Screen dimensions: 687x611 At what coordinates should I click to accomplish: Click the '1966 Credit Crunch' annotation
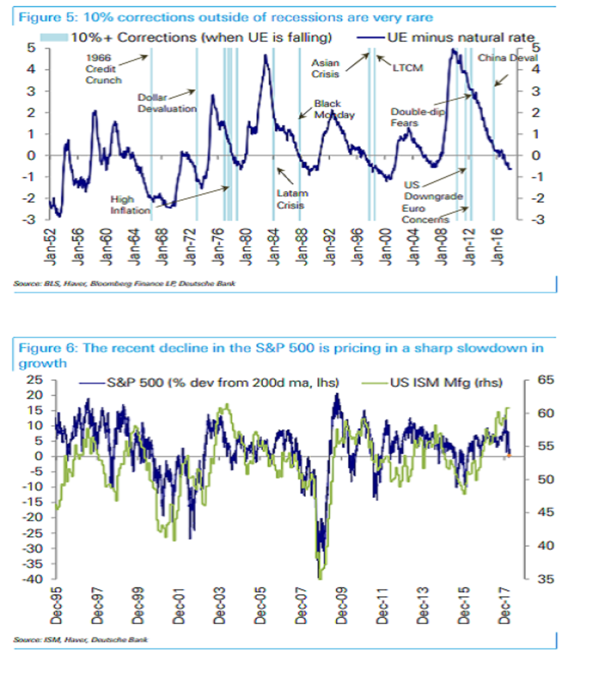click(x=103, y=69)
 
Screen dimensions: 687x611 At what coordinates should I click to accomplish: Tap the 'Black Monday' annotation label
click(x=334, y=109)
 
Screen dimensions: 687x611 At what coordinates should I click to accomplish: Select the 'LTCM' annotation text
click(x=408, y=68)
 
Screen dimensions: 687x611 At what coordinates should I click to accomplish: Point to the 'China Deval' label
click(x=507, y=58)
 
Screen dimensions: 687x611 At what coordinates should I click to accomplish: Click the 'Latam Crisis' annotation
click(x=291, y=199)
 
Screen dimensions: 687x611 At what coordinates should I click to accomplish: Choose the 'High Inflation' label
click(x=130, y=205)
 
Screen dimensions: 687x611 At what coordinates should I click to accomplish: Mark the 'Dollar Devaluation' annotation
click(x=167, y=103)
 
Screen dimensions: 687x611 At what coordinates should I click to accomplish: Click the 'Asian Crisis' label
click(x=325, y=69)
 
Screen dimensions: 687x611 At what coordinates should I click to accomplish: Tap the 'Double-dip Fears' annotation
click(x=417, y=117)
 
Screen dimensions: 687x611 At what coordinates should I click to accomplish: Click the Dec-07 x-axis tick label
click(x=302, y=605)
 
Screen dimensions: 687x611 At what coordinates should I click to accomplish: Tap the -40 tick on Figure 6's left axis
click(x=34, y=579)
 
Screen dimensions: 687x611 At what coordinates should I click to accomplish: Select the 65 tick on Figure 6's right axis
click(x=545, y=380)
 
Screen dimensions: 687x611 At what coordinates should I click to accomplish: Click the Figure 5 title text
click(x=226, y=17)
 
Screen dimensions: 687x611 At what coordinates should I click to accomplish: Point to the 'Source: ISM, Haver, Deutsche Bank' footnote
click(x=80, y=639)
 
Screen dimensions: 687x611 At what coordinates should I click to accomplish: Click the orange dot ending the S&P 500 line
click(x=508, y=455)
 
